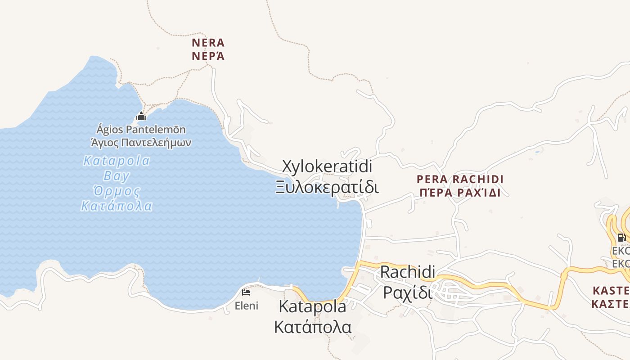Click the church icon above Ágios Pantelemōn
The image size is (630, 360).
point(141,117)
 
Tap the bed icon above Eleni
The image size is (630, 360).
point(246,292)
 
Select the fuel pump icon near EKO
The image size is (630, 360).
point(621,238)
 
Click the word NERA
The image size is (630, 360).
point(208,43)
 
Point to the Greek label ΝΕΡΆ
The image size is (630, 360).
point(208,56)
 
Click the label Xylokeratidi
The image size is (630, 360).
point(327,166)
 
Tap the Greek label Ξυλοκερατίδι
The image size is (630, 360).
point(327,187)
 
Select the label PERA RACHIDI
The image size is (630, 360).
point(460,179)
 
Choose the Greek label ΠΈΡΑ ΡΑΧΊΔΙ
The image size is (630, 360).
point(460,193)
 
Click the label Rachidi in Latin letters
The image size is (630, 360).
point(408,272)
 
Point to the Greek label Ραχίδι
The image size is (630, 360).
point(408,292)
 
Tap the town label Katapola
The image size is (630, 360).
point(313,307)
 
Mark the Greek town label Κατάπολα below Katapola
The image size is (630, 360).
point(313,327)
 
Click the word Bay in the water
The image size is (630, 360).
point(117,176)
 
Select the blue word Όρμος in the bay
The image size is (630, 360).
point(117,191)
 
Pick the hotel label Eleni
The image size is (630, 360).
point(247,306)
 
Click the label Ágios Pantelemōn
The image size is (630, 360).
point(141,130)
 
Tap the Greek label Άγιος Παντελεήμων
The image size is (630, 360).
point(141,143)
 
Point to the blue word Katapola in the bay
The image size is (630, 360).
point(117,161)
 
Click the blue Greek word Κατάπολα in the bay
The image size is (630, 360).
point(117,207)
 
